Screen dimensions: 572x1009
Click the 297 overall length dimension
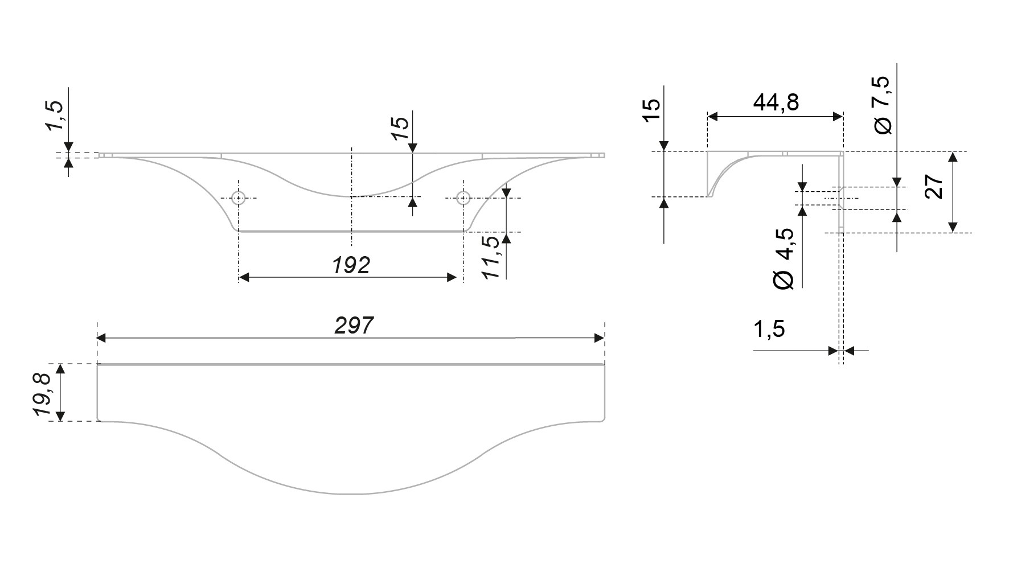pos(353,326)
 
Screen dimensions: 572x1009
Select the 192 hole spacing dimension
pos(351,265)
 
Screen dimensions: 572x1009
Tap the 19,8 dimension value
pos(44,393)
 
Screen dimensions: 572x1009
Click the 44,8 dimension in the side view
pos(776,102)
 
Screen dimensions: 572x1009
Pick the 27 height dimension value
pos(934,186)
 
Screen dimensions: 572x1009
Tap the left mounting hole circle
pos(239,198)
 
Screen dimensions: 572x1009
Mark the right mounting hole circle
pos(464,198)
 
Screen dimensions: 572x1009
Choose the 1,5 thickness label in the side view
pos(769,329)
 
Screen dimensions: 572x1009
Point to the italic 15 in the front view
pos(400,128)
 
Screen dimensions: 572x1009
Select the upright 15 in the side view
pos(650,109)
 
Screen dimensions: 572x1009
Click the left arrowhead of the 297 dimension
pos(101,338)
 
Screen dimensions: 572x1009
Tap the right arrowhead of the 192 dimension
pos(452,278)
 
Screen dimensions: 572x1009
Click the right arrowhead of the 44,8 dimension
pos(838,117)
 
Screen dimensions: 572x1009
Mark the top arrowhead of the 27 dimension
pos(952,157)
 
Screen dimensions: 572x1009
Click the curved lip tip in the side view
pos(709,195)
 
